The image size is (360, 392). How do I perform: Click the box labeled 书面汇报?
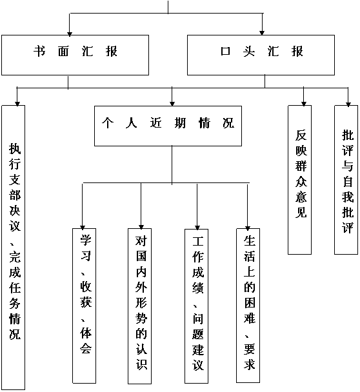pos(75,55)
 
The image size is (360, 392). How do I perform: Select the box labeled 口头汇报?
pos(261,55)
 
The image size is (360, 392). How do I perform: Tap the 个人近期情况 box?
pos(168,126)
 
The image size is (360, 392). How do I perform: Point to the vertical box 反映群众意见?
pos(300,180)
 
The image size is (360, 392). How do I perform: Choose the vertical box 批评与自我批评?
pos(346,180)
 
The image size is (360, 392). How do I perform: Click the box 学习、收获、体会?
pos(85,306)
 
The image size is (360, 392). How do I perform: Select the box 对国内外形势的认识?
pos(139,306)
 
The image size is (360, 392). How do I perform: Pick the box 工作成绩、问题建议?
pos(196,306)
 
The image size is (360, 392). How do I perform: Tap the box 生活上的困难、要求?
pos(248,306)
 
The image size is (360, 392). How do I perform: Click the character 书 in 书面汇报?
pos(40,51)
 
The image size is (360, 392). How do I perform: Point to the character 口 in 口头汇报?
pos(225,51)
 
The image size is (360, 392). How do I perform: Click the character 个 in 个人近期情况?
pos(108,122)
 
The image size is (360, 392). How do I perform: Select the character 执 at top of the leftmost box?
pos(15,149)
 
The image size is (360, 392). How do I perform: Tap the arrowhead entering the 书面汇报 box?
pos(70,34)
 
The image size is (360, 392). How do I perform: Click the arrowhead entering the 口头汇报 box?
pos(262,33)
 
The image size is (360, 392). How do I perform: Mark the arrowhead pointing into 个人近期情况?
pos(172,104)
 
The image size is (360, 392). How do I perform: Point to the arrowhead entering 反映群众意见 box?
pos(304,104)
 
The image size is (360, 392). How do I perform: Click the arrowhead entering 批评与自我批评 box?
pos(348,104)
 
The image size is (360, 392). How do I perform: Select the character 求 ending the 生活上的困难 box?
pos(250,364)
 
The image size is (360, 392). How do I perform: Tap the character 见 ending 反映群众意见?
pos(301,212)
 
